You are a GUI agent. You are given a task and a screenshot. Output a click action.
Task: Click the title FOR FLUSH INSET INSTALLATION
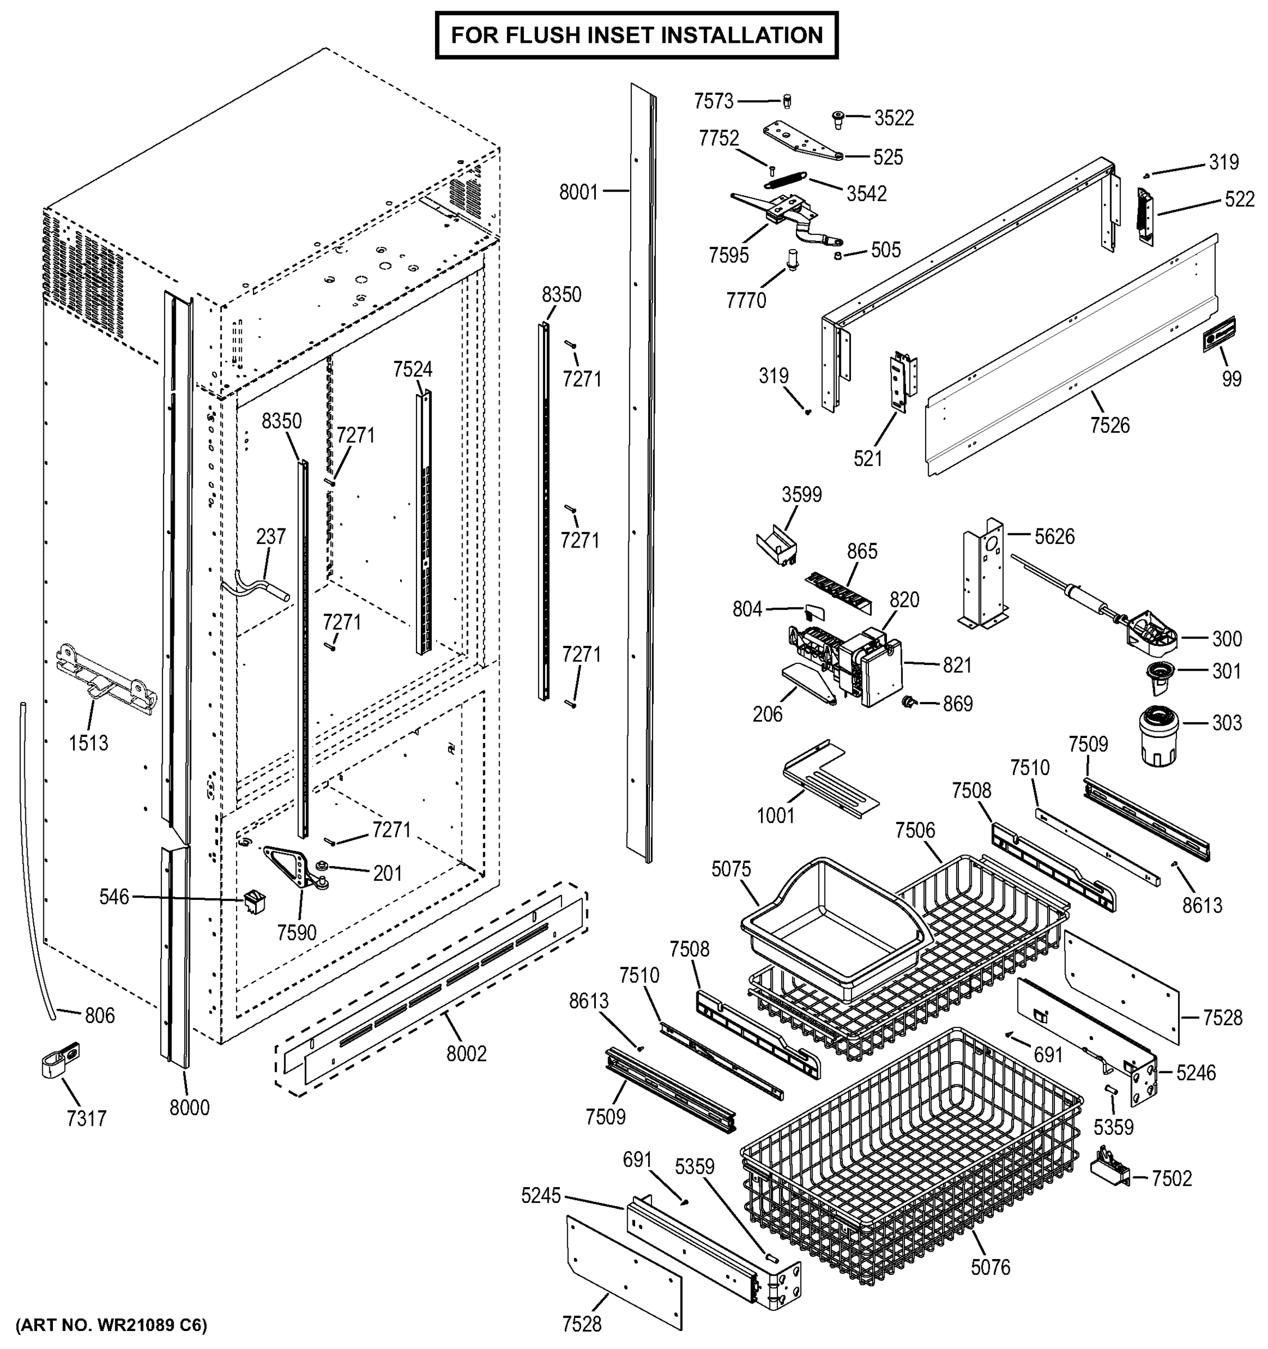coord(636,35)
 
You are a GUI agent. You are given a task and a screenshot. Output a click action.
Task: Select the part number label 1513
coord(88,743)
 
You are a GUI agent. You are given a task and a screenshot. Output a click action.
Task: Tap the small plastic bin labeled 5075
coord(831,930)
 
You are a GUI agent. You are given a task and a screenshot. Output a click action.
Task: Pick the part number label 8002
coord(466,1053)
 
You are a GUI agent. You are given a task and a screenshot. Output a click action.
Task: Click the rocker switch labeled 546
coord(255,900)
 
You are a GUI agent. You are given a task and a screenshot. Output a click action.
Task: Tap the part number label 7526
coord(1110,425)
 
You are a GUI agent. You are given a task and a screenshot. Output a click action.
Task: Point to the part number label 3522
coord(894,118)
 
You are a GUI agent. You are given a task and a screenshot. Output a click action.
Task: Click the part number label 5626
coord(1054,537)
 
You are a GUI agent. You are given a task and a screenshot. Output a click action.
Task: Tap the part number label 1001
coord(776,815)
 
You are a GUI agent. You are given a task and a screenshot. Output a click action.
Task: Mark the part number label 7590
coord(296,932)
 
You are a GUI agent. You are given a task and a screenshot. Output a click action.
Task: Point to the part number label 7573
coord(713,102)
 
